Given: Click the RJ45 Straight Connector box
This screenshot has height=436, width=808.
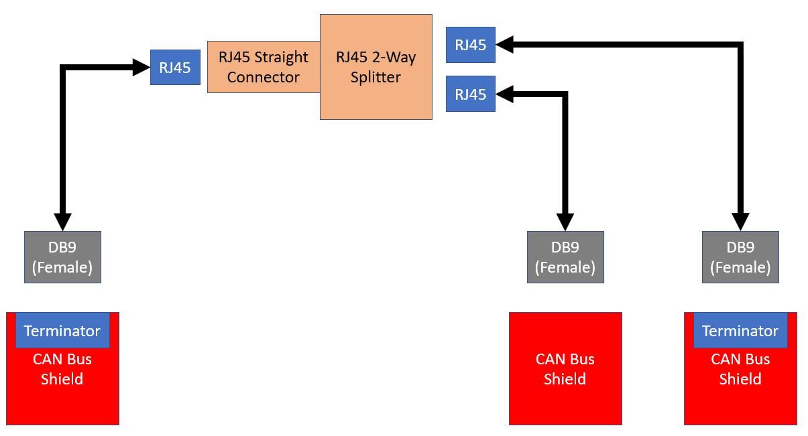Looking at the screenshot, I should point(263,67).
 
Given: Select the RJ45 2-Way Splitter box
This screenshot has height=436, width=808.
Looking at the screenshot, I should point(376,67).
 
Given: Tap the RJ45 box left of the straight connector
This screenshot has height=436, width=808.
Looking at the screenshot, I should point(175,67).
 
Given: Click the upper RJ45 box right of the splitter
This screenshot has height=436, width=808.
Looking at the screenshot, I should point(470,45).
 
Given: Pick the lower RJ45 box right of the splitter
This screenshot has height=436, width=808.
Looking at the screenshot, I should point(470,94).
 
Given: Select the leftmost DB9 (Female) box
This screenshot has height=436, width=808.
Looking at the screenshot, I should point(62,257).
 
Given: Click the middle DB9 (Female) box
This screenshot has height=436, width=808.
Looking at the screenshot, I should point(565,257).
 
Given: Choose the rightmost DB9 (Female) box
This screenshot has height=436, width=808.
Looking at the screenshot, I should point(740,257).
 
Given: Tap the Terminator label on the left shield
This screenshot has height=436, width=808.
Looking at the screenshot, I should point(62,331).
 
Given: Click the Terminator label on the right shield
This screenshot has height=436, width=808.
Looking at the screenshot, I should point(740,331).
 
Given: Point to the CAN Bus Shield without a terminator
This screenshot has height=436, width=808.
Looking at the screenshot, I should point(565,368).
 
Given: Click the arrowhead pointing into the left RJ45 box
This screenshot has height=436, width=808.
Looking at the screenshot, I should point(142,67).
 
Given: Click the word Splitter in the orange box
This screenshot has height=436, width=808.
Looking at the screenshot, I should point(376,78).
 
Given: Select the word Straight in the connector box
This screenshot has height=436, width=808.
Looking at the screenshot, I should point(281,57).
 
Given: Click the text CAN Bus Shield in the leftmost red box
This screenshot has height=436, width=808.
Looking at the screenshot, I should point(62,369).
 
